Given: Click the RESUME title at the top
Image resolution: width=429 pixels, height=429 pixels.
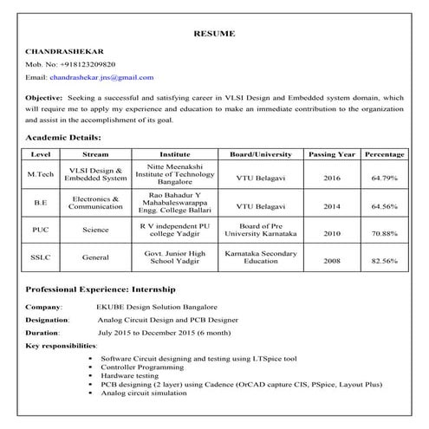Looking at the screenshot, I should click(x=214, y=34).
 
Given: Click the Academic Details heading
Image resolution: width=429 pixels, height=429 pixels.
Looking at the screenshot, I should click(x=63, y=138).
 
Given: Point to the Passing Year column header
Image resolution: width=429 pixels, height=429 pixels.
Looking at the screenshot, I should click(x=331, y=154).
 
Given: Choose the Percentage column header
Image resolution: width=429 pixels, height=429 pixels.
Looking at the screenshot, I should click(x=384, y=154).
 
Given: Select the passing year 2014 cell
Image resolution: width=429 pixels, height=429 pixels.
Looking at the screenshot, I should click(x=331, y=207).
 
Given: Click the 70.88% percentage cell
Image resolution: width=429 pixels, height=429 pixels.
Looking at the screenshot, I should click(x=384, y=234).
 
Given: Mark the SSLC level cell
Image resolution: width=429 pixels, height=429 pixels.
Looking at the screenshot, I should click(x=41, y=257).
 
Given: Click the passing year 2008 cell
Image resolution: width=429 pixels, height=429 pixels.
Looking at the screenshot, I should click(x=331, y=260).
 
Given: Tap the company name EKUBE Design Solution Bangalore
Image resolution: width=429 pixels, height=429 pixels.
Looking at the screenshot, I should click(x=157, y=307).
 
